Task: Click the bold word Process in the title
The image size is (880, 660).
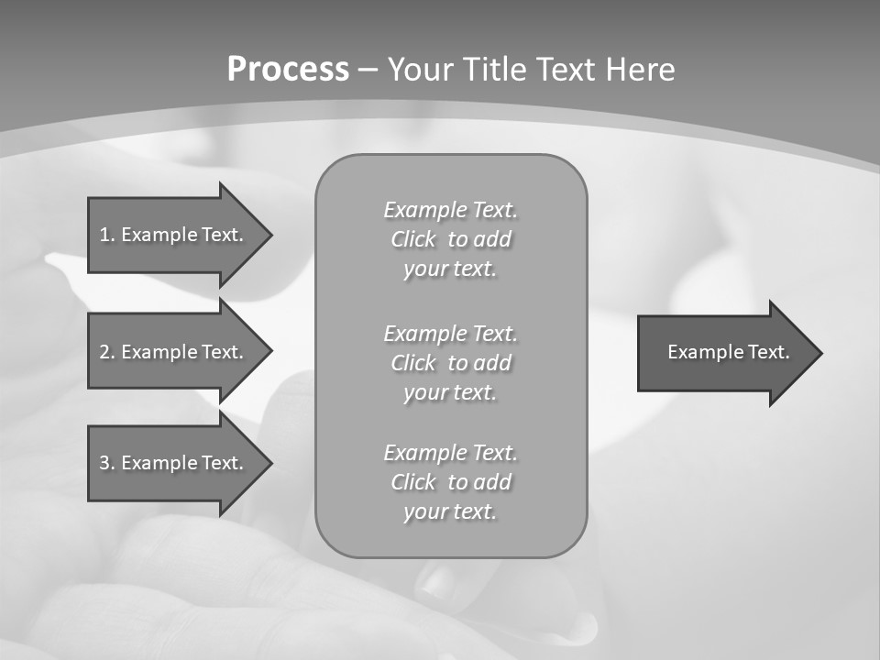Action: coord(288,70)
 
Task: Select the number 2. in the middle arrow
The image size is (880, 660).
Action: coord(106,352)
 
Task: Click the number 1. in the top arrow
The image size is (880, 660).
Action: coord(106,235)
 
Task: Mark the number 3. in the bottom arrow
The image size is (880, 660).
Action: coord(106,463)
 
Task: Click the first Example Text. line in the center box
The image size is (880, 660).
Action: coord(450,210)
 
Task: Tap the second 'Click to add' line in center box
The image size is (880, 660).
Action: coord(450,363)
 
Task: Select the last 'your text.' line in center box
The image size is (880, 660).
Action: coord(450,511)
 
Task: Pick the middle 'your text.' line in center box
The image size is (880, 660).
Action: coord(450,392)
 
